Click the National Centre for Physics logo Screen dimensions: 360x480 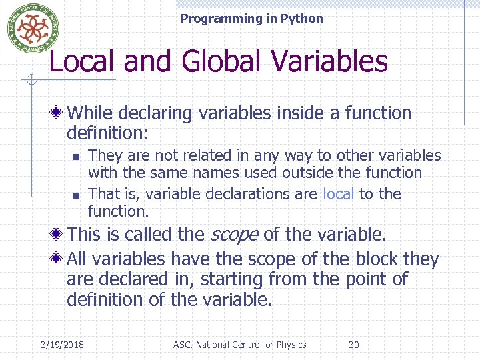pyautogui.click(x=29, y=27)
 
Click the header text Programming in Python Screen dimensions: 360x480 pyautogui.click(x=251, y=19)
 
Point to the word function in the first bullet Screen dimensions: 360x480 pyautogui.click(x=378, y=113)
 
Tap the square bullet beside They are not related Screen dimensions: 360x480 pyautogui.click(x=76, y=157)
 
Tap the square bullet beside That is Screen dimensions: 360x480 pyautogui.click(x=76, y=195)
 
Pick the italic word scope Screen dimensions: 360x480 pyautogui.click(x=235, y=235)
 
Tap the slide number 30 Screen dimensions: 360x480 pyautogui.click(x=354, y=345)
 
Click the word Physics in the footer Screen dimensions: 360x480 pyautogui.click(x=290, y=345)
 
